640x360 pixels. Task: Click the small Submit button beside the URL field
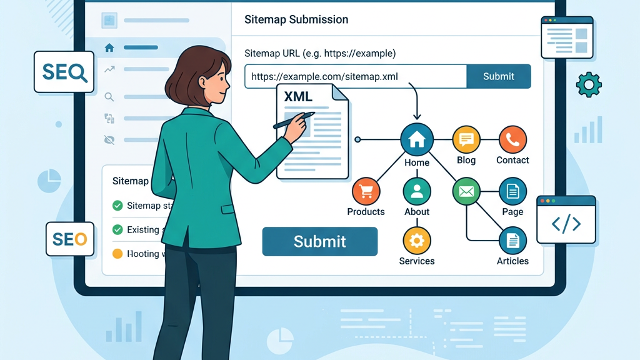point(498,76)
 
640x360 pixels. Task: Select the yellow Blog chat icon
point(466,139)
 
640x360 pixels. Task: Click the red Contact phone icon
point(512,139)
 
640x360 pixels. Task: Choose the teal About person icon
point(417,191)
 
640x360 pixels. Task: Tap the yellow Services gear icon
point(417,240)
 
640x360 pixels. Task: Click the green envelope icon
point(466,191)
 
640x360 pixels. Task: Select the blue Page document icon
point(512,191)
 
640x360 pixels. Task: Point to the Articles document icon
point(512,240)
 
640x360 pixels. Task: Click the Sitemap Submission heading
point(296,19)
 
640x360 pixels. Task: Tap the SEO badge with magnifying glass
point(64,72)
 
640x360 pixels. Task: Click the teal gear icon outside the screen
point(588,84)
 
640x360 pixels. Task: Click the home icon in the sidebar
point(110,47)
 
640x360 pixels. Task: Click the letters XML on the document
point(298,97)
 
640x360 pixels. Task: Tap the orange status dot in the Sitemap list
point(117,254)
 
